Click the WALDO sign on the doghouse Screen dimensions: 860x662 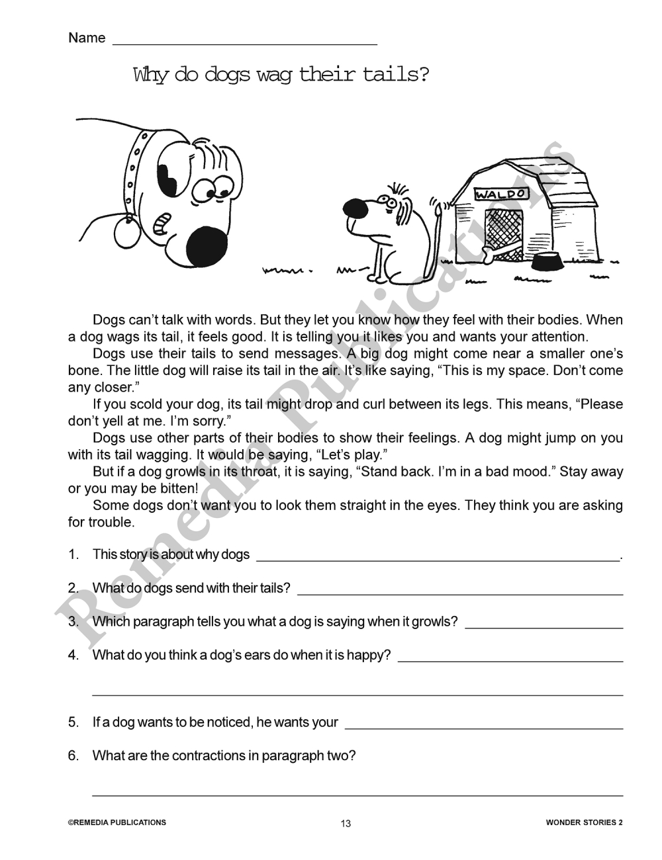[x=502, y=194]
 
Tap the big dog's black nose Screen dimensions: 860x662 [x=207, y=247]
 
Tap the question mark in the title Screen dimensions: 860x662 [x=422, y=75]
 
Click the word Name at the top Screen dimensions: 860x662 [x=87, y=38]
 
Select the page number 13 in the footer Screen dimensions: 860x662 [x=346, y=824]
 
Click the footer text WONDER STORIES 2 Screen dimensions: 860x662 [x=584, y=823]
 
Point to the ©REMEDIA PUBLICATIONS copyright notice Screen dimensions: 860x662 [x=117, y=823]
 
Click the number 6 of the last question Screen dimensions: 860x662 [x=73, y=755]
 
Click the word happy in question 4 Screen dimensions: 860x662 [x=373, y=656]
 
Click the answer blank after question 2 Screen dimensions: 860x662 [x=460, y=589]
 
